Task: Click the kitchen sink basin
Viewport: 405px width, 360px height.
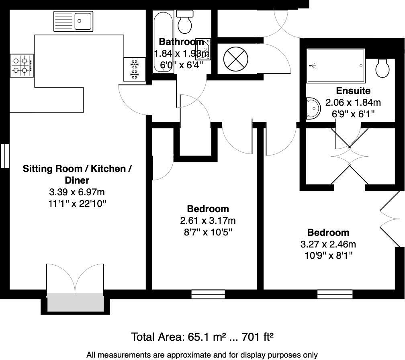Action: coord(83,21)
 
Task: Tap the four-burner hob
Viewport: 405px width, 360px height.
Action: coord(22,65)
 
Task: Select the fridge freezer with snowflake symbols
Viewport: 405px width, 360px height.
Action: coord(134,69)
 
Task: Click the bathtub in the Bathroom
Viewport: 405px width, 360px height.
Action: coord(163,42)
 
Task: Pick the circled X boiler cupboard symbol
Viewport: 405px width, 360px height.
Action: coord(235,59)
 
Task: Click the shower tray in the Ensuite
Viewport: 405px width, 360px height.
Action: coord(335,65)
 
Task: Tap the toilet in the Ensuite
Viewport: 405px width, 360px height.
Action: coord(382,68)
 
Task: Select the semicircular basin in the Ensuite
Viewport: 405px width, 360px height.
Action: coord(313,108)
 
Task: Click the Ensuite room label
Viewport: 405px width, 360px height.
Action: coord(353,91)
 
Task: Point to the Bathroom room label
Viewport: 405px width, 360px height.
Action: coord(181,41)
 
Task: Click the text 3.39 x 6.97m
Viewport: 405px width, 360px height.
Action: coord(77,192)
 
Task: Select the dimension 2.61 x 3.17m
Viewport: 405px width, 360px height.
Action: coord(208,221)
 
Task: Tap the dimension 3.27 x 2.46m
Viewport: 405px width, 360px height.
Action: coord(328,244)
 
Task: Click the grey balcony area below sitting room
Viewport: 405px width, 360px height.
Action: coord(76,303)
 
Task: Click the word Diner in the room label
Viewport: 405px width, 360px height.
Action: coord(77,180)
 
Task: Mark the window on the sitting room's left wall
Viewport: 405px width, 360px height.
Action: coord(5,156)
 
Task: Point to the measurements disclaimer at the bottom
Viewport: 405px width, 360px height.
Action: coord(202,355)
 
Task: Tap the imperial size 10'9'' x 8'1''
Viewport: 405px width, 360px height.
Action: coord(329,256)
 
